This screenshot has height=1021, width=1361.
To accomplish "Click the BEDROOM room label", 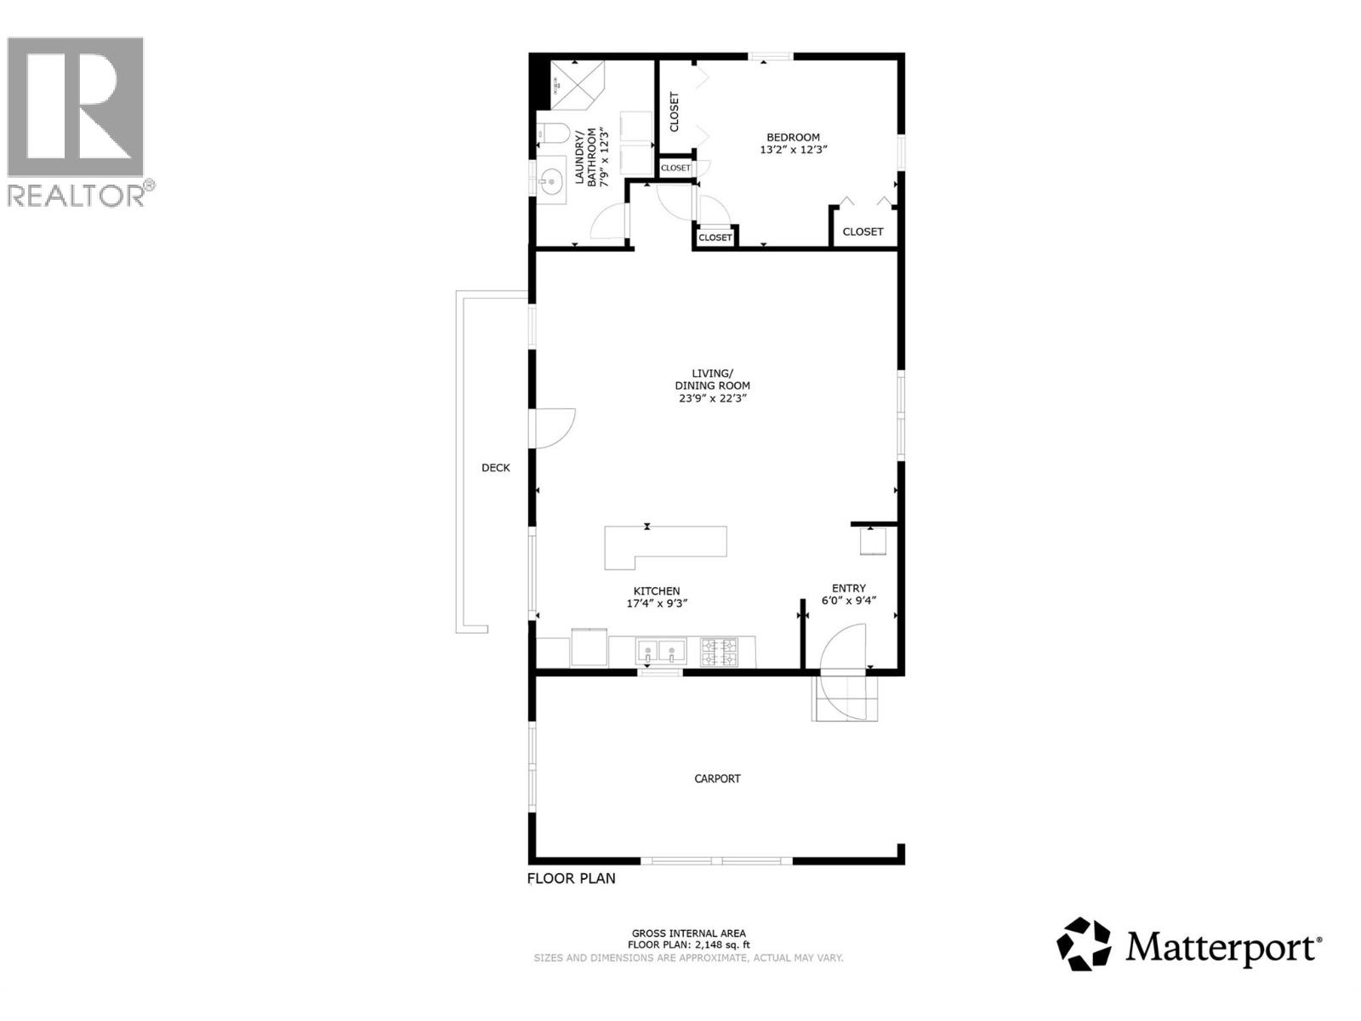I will tap(793, 137).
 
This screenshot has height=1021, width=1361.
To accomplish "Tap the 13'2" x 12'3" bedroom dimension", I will tap(793, 150).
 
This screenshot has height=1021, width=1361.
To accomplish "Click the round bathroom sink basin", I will tap(550, 180).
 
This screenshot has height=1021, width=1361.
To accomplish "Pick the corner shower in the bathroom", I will tap(574, 85).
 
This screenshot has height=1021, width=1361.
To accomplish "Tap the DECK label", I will tap(496, 467).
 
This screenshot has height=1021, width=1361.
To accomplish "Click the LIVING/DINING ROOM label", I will tap(712, 379).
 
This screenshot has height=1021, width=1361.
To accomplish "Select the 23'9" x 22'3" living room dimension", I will tap(712, 397).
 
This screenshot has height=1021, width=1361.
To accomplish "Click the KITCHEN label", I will tap(656, 591).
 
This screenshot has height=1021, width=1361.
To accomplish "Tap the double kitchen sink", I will tap(660, 652).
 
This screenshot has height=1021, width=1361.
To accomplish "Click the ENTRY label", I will tap(848, 588).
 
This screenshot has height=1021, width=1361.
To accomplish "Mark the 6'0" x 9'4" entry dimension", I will tap(848, 601).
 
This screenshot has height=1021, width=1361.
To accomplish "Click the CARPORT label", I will tap(717, 779).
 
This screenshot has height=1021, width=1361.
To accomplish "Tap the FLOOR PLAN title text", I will tap(572, 878).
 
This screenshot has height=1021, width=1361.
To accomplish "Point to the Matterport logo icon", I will tap(1084, 944).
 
